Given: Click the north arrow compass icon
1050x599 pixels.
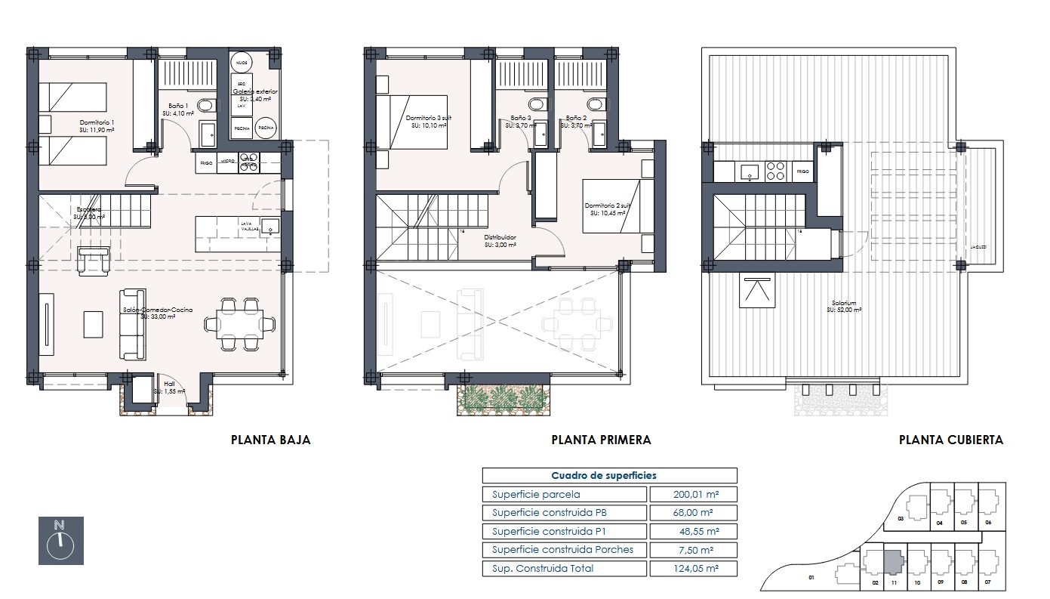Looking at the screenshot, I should coord(60,540).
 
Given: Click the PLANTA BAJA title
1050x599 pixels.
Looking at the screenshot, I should coord(270,440).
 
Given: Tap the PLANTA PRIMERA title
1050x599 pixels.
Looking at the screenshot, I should coord(601,440).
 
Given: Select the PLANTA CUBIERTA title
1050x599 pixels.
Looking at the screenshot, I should coord(950,440).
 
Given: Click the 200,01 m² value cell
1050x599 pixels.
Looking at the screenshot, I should coord(692,495).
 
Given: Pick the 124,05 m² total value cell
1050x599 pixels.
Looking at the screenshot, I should coord(692,569).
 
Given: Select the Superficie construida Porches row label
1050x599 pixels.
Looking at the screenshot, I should coord(564,550).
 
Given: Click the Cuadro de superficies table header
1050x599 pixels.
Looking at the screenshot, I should coord(609,476).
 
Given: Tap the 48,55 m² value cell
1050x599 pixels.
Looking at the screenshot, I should coord(692,532).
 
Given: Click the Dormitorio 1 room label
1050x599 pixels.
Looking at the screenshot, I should coord(97,125).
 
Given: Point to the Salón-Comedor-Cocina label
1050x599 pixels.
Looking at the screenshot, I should coord(149,313).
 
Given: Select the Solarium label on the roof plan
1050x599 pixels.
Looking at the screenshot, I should coord(845,306).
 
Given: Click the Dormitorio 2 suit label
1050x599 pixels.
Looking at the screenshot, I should coord(605,209).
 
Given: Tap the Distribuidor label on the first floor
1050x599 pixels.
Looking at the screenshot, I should coord(500,240).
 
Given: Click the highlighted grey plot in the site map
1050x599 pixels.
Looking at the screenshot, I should coord(892,562).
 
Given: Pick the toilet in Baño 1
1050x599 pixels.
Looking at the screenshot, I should coord(205,105).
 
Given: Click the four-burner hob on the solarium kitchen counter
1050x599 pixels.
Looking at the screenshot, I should coord(775,171).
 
